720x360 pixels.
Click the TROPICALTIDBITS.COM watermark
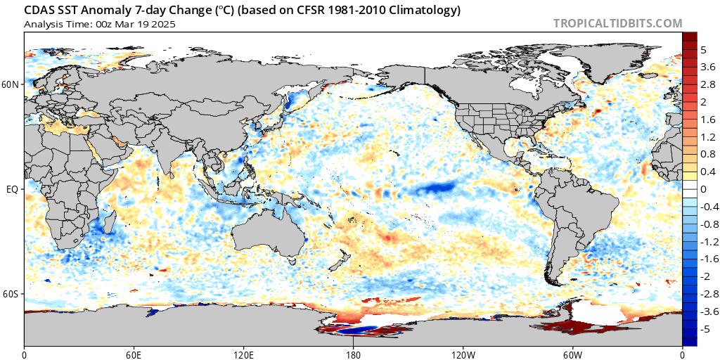pyautogui.click(x=617, y=23)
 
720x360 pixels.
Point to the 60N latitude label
pyautogui.click(x=11, y=84)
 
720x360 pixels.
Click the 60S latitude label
pyautogui.click(x=11, y=294)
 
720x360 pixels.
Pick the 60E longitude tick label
pyautogui.click(x=134, y=353)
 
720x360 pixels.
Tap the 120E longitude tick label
pyautogui.click(x=243, y=353)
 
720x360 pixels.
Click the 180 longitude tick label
pyautogui.click(x=354, y=353)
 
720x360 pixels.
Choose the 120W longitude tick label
pyautogui.click(x=463, y=353)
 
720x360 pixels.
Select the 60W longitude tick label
pyautogui.click(x=573, y=353)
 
